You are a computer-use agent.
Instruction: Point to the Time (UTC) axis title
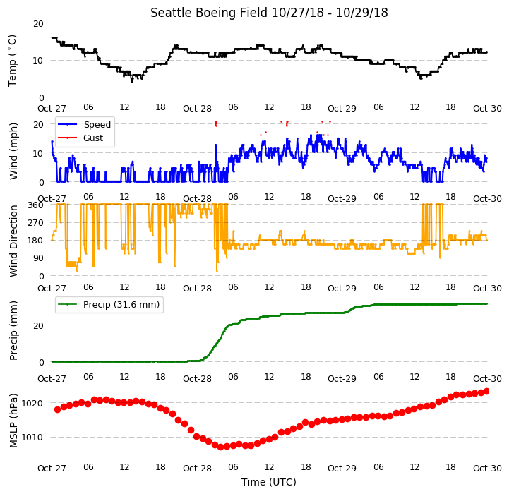click(x=269, y=482)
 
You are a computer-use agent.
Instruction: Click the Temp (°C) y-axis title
click(x=12, y=61)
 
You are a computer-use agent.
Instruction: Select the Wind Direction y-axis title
click(x=13, y=241)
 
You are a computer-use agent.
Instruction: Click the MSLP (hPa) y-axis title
click(x=13, y=421)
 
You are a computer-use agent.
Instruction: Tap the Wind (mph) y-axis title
click(x=13, y=151)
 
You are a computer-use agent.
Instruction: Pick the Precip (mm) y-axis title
click(x=13, y=331)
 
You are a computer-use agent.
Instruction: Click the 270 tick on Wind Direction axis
click(x=36, y=223)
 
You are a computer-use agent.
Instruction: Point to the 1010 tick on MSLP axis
click(x=32, y=438)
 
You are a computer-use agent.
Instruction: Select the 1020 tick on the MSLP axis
click(x=32, y=403)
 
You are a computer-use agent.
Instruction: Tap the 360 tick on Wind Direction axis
click(x=36, y=205)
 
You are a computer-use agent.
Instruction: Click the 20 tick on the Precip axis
click(x=38, y=325)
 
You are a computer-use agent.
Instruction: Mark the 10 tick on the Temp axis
click(x=38, y=61)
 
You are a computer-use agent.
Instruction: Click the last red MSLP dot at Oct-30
click(x=486, y=392)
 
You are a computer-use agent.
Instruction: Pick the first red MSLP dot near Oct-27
click(x=58, y=409)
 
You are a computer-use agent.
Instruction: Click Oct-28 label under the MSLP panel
click(x=197, y=469)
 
